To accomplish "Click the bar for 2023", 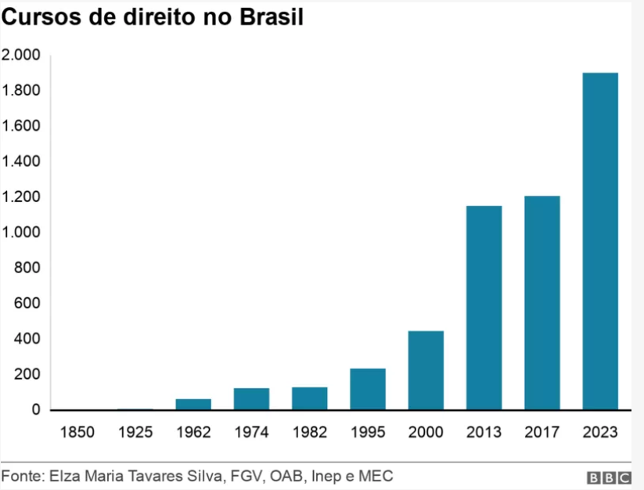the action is [600, 241].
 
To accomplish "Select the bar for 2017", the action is [542, 303].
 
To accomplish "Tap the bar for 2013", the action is [484, 308].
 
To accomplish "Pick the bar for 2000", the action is [426, 370].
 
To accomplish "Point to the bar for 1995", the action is [368, 389].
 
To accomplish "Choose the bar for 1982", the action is [310, 398].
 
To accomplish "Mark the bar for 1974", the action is [251, 399].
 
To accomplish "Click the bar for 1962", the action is [193, 404].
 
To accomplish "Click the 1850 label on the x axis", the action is [77, 432].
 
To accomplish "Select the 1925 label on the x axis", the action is [135, 432].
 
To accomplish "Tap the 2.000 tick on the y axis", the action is [21, 55].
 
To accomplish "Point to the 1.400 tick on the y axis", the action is [21, 161].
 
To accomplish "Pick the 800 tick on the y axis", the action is [27, 268].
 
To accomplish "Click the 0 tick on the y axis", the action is [36, 409].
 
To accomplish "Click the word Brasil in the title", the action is [272, 17].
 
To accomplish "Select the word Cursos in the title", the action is [41, 17].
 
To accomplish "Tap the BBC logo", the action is [609, 477].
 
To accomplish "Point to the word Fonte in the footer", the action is [23, 476].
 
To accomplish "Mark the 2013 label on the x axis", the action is [484, 432].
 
